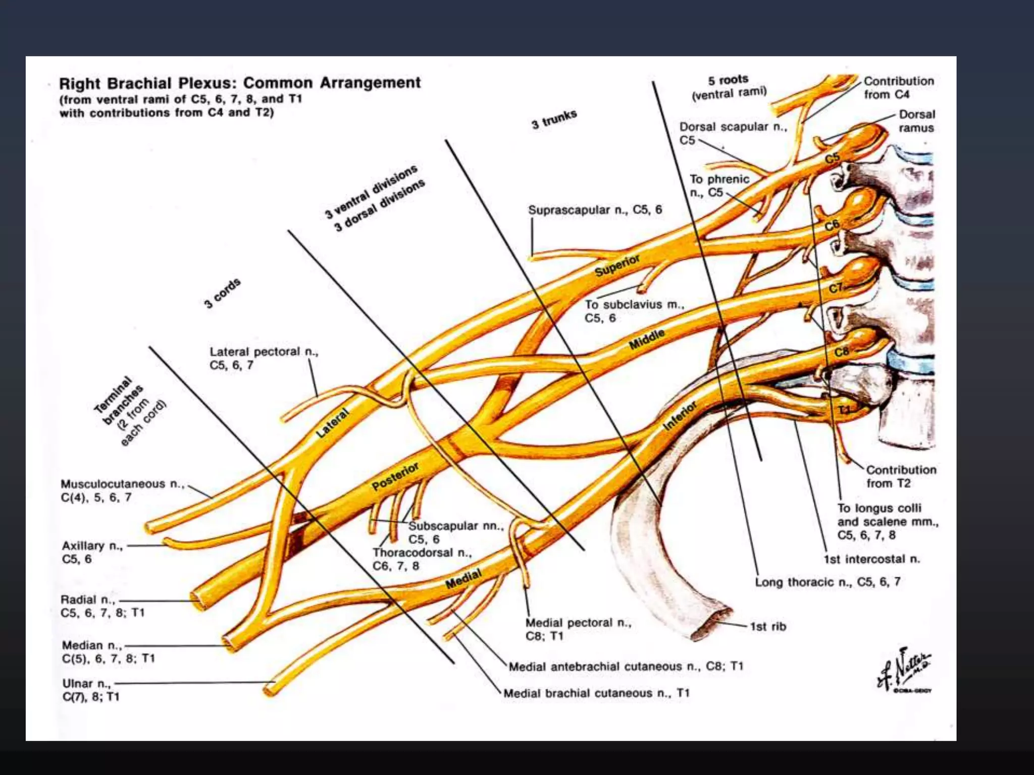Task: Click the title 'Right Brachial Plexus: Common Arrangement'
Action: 240,83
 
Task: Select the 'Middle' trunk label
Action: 646,340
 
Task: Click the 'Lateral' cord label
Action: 333,423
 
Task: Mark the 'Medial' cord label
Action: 463,579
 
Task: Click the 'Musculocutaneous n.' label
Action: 121,484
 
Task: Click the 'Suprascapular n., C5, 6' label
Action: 595,210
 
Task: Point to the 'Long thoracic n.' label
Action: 827,582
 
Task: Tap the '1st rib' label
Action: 767,627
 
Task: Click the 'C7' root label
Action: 836,288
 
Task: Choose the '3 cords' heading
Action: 222,293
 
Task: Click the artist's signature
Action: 905,671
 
